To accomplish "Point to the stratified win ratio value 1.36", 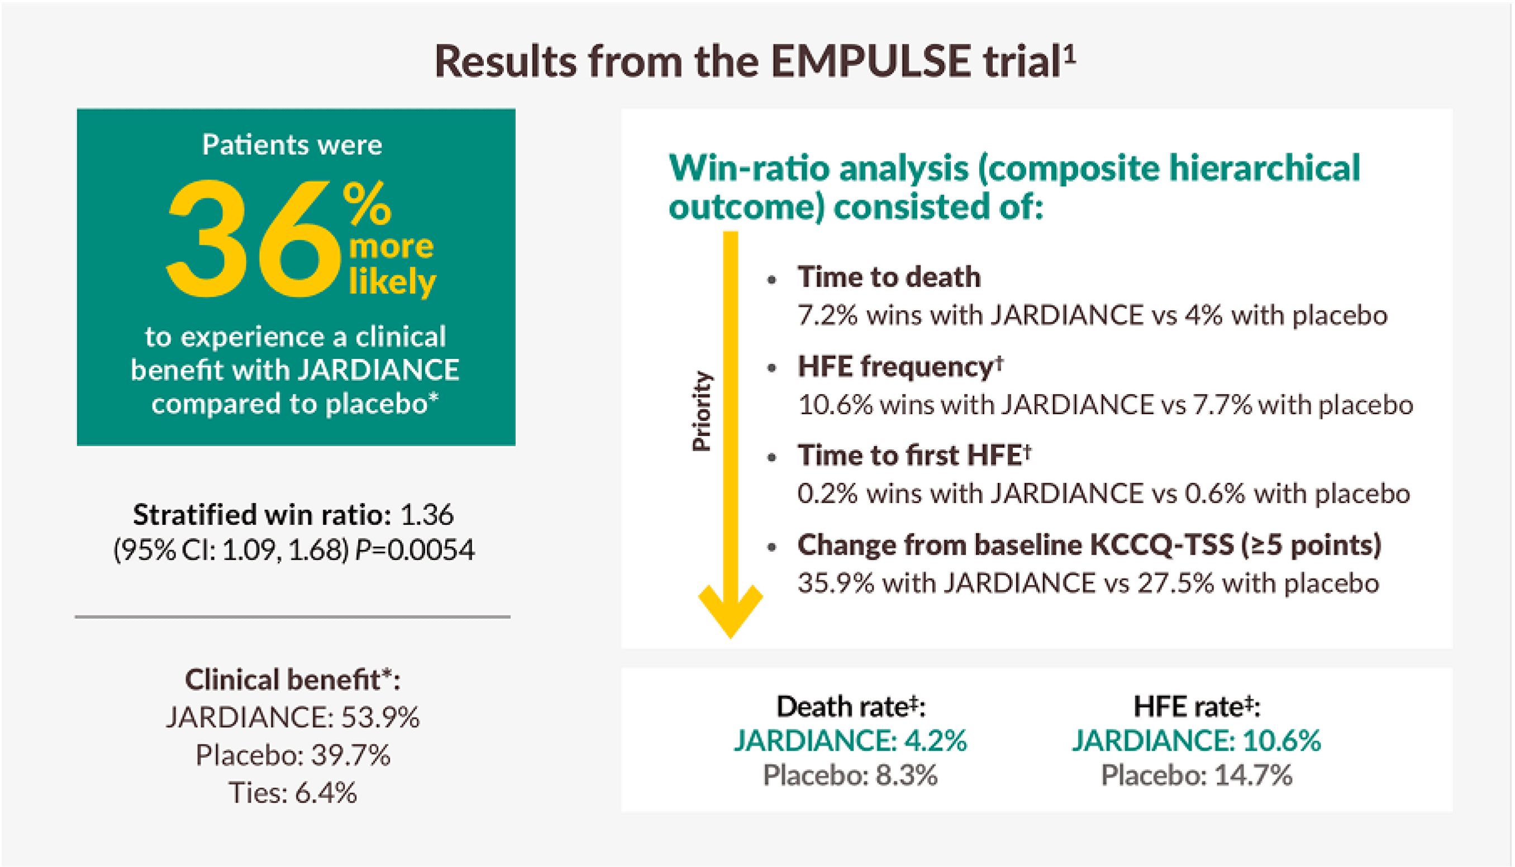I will coord(427,514).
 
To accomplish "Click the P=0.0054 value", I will coord(415,549).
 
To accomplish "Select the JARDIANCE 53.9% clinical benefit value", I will coord(292,717).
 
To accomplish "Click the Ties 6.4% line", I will coord(292,793).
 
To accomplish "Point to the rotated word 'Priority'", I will coord(702,411).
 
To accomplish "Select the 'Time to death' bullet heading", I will coord(889,277).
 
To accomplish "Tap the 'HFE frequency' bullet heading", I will coord(895,366).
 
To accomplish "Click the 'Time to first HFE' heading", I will coord(910,456).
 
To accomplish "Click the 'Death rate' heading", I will coord(851,707).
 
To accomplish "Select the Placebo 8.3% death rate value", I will coord(850,775).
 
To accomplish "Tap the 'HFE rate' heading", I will coord(1197,707).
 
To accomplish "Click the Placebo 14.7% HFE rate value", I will coord(1197,775).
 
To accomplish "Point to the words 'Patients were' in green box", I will coord(292,145).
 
